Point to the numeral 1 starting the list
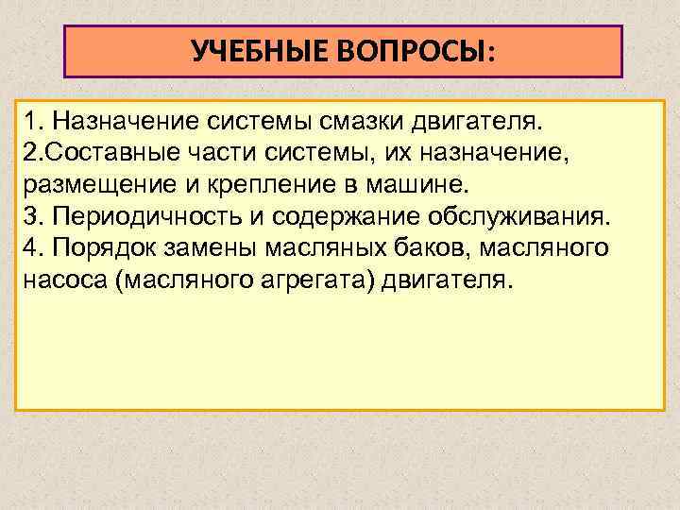(x=31, y=122)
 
